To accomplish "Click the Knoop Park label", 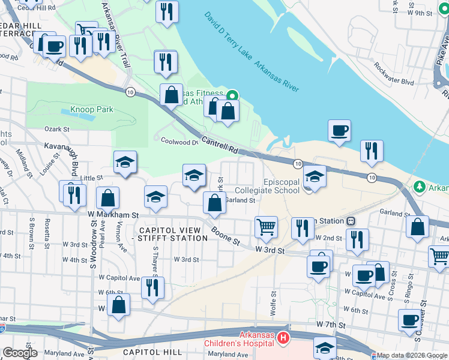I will [92, 109].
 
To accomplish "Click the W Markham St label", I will [113, 214].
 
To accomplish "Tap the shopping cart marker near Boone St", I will [267, 227].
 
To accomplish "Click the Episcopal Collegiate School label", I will [282, 187].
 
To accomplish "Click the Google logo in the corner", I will [19, 353].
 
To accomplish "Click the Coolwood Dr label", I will [179, 142].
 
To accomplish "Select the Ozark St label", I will [58, 129].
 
